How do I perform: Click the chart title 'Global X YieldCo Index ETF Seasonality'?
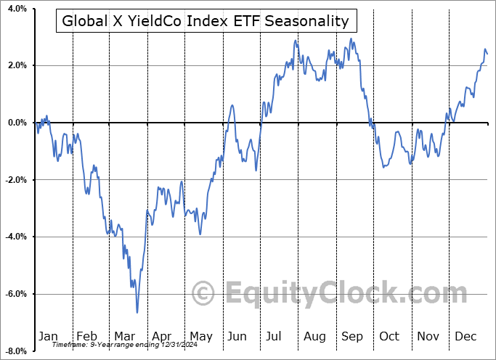point(206,21)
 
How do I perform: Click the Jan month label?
point(47,336)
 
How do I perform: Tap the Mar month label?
point(124,336)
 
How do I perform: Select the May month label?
point(200,336)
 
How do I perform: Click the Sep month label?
point(352,336)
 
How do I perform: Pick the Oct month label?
point(389,336)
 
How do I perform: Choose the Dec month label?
point(465,336)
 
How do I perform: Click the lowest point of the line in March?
point(137,313)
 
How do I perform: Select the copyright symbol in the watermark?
point(204,293)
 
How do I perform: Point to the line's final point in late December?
point(487,54)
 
